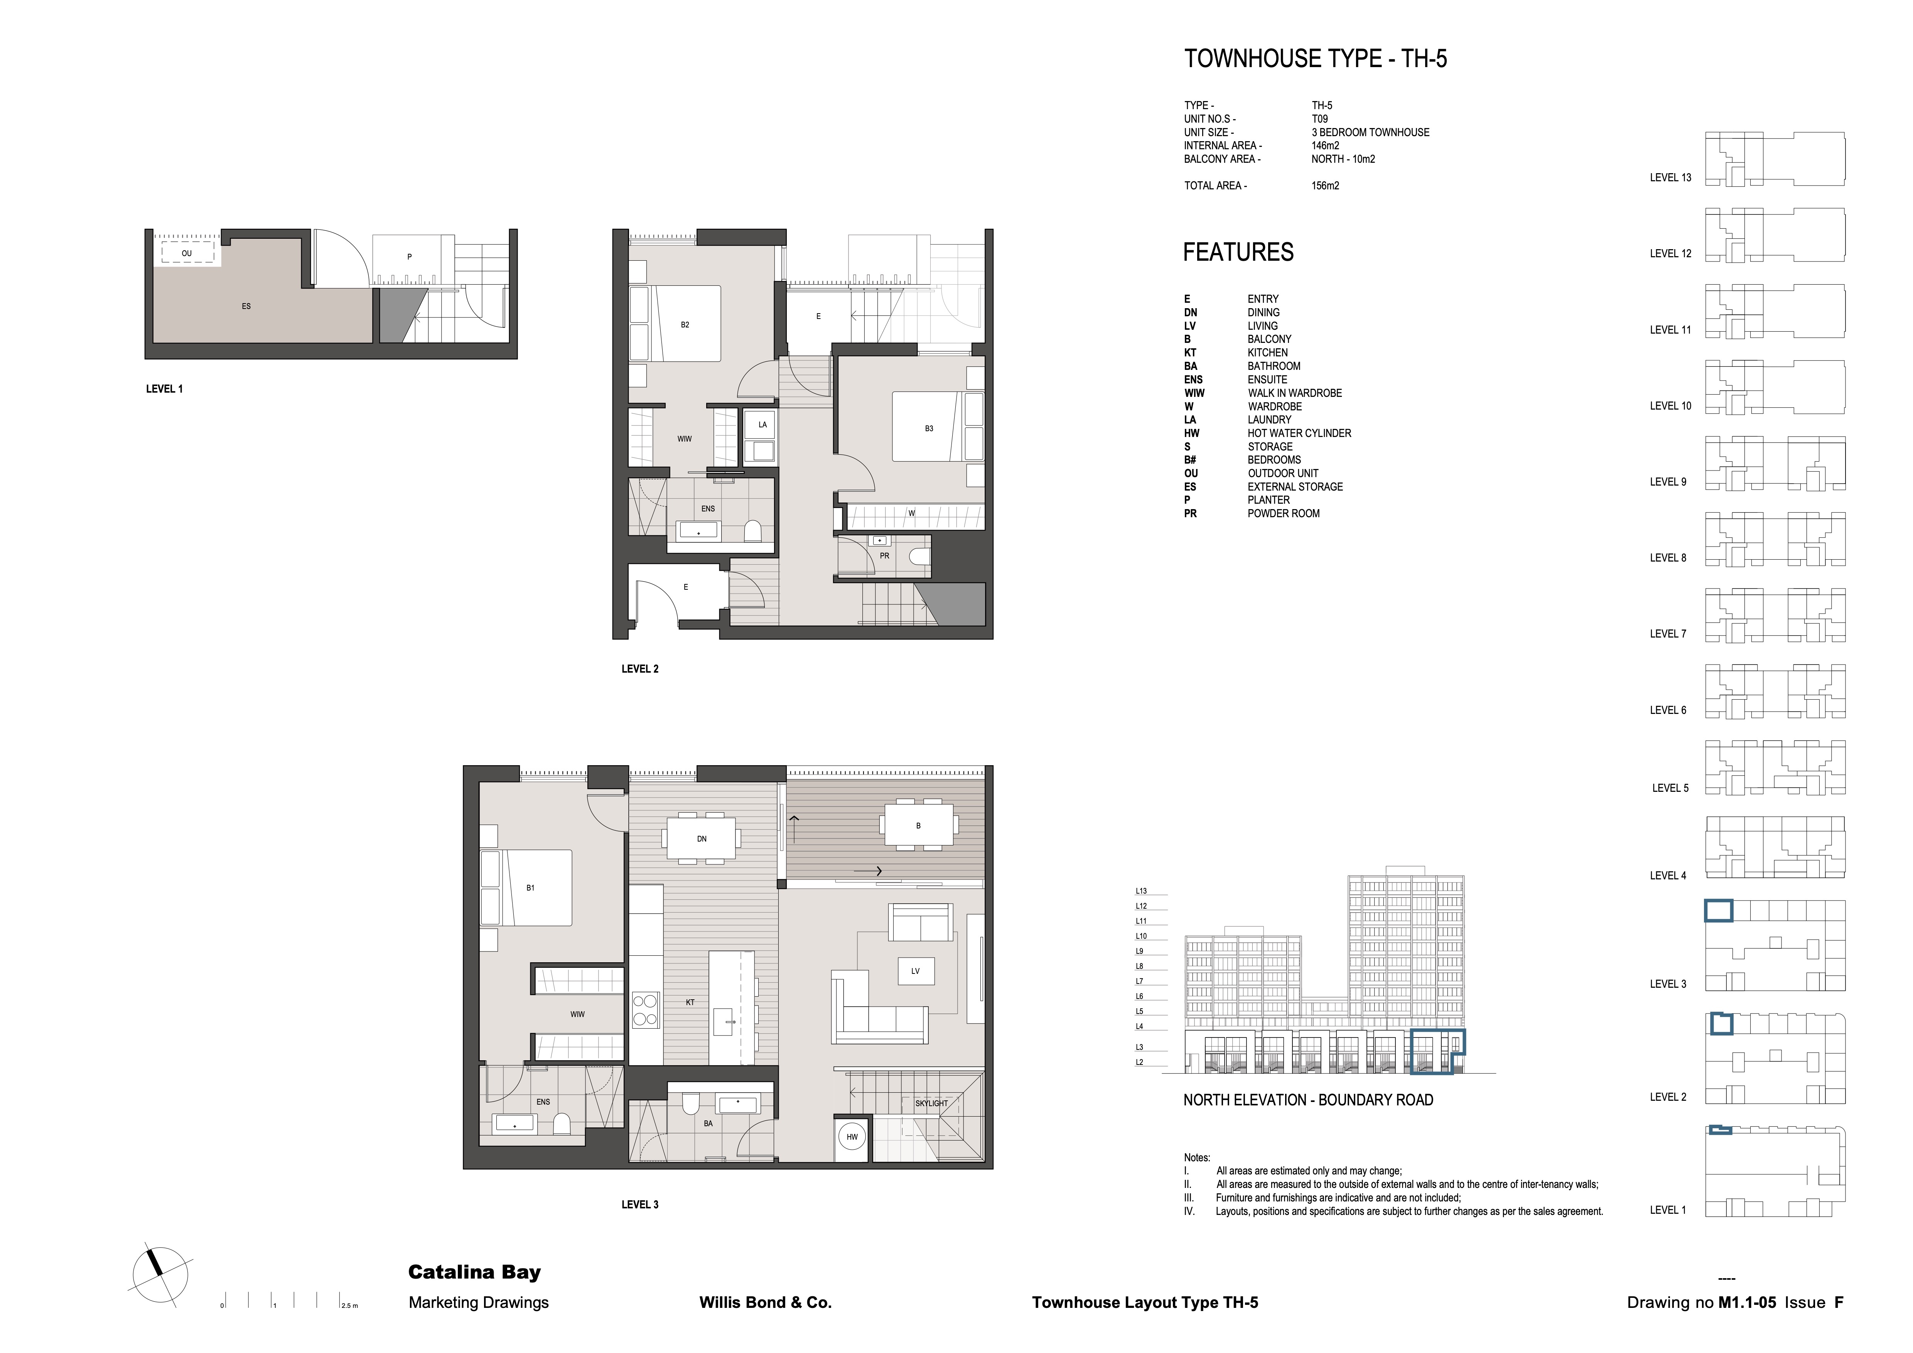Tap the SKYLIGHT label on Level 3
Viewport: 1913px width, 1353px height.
pyautogui.click(x=931, y=1103)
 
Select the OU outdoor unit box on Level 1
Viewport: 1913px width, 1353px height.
pyautogui.click(x=187, y=253)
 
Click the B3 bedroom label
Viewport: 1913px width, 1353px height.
pyautogui.click(x=929, y=428)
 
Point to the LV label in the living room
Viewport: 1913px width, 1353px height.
pyautogui.click(x=915, y=971)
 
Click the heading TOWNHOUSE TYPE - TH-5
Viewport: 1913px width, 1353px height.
pyautogui.click(x=1316, y=59)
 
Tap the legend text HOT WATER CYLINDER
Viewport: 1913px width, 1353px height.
pyautogui.click(x=1299, y=433)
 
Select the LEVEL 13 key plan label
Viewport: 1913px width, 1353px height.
pyautogui.click(x=1670, y=177)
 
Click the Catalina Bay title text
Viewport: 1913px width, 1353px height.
pyautogui.click(x=474, y=1272)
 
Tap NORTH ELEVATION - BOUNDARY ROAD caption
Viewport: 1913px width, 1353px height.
pyautogui.click(x=1308, y=1100)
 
